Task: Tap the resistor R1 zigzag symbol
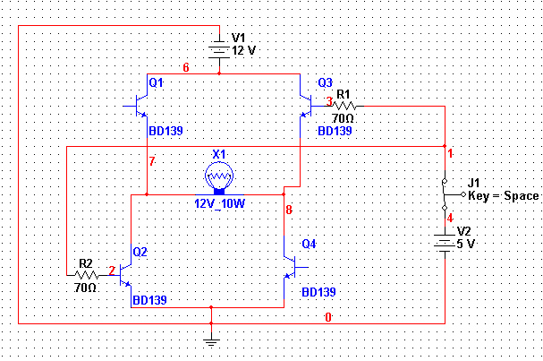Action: (x=344, y=106)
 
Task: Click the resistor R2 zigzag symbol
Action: (x=87, y=275)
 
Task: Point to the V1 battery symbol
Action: (x=219, y=49)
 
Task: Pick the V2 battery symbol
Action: (x=445, y=243)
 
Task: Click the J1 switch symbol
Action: (x=450, y=194)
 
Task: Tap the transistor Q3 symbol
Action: (x=307, y=106)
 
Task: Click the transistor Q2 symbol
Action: (x=125, y=275)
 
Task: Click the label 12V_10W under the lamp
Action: (x=219, y=203)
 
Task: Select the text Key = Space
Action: (x=503, y=196)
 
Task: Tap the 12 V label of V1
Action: (x=244, y=51)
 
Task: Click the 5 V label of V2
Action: (x=465, y=244)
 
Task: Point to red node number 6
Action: (x=186, y=67)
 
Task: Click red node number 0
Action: (x=328, y=317)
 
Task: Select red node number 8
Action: (x=289, y=210)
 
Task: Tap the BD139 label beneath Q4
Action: (x=318, y=292)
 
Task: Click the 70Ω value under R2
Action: (x=85, y=288)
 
